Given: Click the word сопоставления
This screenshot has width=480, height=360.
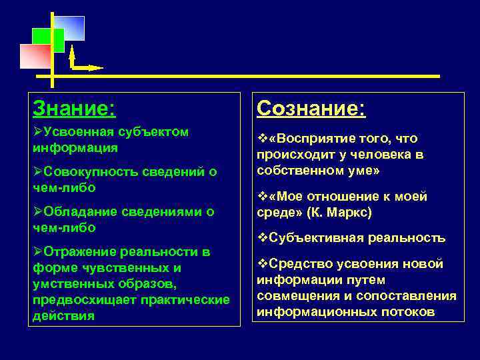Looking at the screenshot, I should coord(409,296).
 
